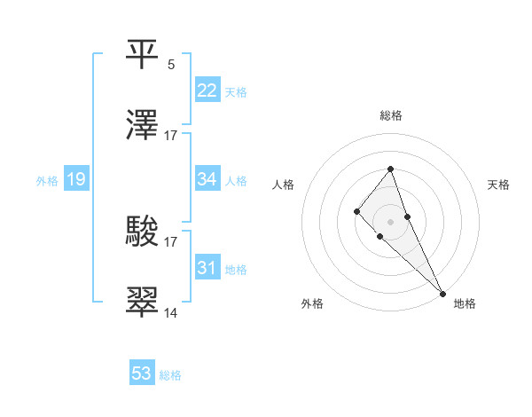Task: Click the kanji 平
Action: [x=143, y=52]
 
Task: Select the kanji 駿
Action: [x=143, y=230]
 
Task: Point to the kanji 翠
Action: [x=143, y=302]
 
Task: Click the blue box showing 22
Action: [x=207, y=90]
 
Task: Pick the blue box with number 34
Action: [x=207, y=179]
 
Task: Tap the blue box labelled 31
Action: [x=207, y=268]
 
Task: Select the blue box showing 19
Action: [x=75, y=179]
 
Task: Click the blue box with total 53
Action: [x=142, y=374]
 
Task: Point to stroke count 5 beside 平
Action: [x=171, y=64]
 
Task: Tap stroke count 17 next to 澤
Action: [x=171, y=136]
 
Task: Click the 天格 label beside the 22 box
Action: [x=236, y=92]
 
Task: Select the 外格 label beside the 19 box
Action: [x=47, y=181]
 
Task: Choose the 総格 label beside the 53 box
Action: [x=170, y=375]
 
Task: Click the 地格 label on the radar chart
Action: [x=465, y=303]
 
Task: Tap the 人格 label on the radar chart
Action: [x=284, y=185]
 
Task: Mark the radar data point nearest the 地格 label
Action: [x=442, y=294]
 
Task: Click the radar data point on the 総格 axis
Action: [x=390, y=169]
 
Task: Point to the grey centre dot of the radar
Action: [x=390, y=221]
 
